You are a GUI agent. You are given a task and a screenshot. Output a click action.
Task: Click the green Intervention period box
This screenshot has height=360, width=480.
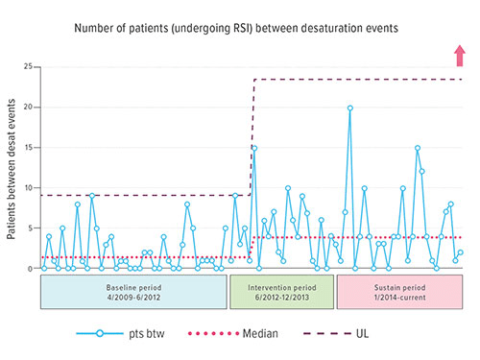tap(280, 292)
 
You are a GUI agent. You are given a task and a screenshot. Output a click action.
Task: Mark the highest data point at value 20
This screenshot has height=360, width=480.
tap(349, 108)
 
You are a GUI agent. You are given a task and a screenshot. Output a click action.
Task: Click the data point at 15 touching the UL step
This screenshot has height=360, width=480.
tap(253, 148)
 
